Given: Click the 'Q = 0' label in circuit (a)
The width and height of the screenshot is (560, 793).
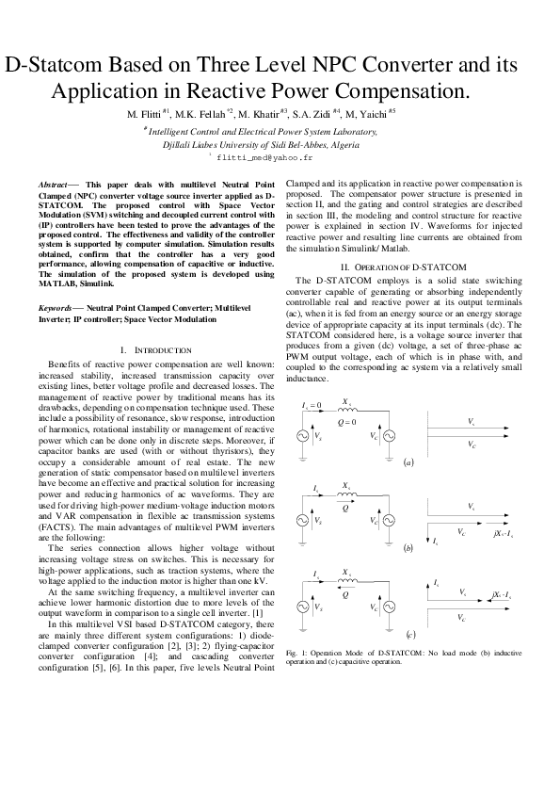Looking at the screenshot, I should pyautogui.click(x=347, y=422).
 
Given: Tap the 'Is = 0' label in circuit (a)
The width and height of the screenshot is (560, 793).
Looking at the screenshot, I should pyautogui.click(x=312, y=406).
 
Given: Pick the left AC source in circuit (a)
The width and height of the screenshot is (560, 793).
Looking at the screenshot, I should pyautogui.click(x=304, y=437).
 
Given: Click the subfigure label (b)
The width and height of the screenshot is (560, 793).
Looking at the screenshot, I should pyautogui.click(x=408, y=547).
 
